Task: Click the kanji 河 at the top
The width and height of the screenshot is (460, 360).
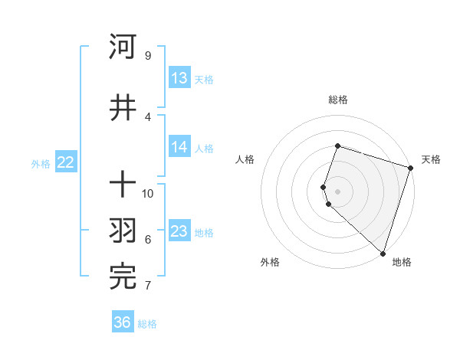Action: (x=123, y=47)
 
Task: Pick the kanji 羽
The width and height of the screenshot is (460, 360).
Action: (x=123, y=231)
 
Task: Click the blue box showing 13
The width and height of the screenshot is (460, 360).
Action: (x=179, y=78)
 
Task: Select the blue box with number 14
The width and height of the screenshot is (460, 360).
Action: (x=179, y=147)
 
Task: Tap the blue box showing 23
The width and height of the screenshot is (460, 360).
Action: (x=179, y=231)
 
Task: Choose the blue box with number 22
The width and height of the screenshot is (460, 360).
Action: (x=65, y=162)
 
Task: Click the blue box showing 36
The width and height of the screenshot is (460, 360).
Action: (x=123, y=322)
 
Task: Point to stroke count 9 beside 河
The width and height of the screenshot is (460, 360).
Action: (x=147, y=55)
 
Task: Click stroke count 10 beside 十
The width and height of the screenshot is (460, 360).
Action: (x=148, y=193)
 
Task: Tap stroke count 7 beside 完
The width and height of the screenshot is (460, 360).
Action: (x=147, y=286)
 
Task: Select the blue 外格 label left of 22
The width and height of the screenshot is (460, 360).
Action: (x=41, y=163)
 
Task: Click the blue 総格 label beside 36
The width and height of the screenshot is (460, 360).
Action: (x=147, y=324)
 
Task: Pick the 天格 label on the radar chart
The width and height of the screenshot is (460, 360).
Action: (x=431, y=159)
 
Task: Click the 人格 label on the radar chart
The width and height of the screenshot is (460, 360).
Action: (x=245, y=159)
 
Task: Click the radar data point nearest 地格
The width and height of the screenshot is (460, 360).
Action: (x=383, y=253)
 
